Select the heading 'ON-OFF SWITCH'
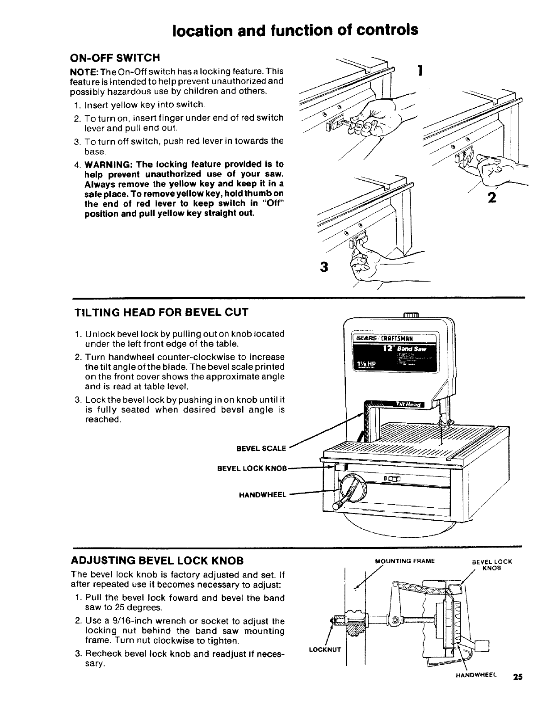point(115,58)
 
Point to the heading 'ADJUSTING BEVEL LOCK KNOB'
point(158,560)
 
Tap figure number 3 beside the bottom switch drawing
point(324,267)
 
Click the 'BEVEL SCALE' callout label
point(261,448)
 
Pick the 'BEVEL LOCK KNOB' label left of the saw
point(252,468)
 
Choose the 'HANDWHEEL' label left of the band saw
point(263,495)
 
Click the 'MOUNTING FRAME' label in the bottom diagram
point(405,561)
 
